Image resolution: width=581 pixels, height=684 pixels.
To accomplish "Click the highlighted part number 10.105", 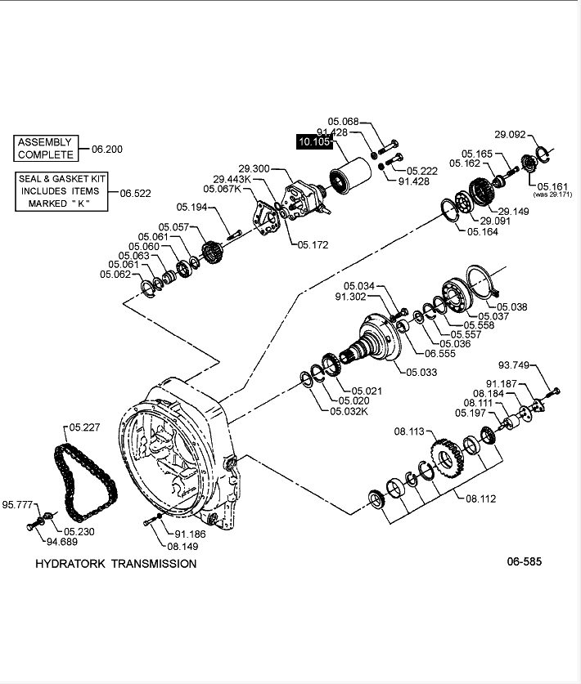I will click(313, 142).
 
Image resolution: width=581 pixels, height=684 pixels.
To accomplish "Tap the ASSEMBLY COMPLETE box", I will click(46, 148).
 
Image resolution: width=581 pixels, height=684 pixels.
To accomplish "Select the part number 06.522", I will click(136, 194).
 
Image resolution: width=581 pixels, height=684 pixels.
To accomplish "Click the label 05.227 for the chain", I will click(84, 426).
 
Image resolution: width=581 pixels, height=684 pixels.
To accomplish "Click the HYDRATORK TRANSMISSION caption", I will click(115, 563).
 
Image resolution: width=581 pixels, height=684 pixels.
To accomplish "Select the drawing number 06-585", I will click(524, 561).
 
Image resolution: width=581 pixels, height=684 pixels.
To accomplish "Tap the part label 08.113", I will click(409, 431).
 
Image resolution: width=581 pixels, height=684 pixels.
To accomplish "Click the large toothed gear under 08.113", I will click(445, 463).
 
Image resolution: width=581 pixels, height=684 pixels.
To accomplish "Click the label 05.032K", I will click(349, 410).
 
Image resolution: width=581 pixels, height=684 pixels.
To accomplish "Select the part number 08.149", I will click(184, 547).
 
